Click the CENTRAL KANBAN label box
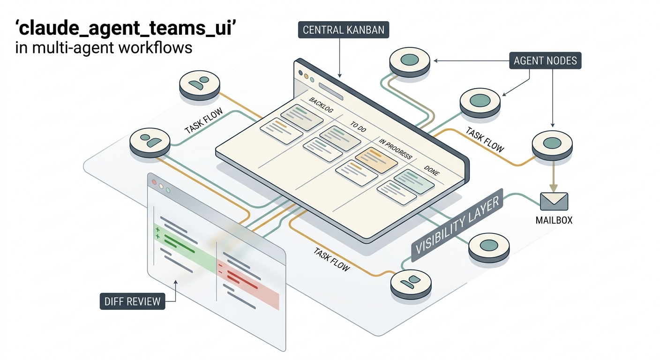tap(343, 30)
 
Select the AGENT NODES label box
tap(545, 60)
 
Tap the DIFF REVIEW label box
tap(132, 301)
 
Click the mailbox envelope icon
tap(554, 202)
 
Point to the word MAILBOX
tap(554, 220)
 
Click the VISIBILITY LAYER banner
tap(457, 225)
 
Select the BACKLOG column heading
tap(321, 105)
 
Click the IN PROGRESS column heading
tap(395, 149)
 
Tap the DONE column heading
tap(432, 171)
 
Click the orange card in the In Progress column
tap(376, 160)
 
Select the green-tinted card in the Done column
tap(414, 182)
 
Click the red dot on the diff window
tap(154, 182)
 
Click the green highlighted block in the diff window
tap(185, 248)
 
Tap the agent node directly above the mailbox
tap(552, 145)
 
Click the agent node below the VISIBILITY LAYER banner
tap(411, 284)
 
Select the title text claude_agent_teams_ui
tap(126, 28)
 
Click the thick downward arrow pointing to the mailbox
tap(553, 176)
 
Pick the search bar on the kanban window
tap(331, 91)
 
